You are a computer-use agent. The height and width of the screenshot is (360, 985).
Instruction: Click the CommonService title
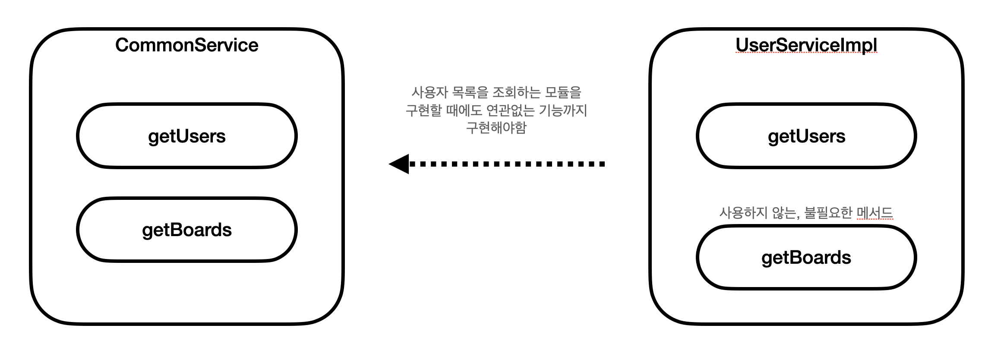[x=186, y=45]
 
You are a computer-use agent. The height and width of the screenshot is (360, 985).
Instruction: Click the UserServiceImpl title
[x=806, y=45]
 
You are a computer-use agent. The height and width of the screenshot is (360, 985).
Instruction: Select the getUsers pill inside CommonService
[x=186, y=136]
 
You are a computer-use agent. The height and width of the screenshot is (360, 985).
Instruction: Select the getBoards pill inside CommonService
[x=186, y=230]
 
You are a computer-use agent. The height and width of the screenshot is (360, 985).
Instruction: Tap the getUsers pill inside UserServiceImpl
[x=806, y=136]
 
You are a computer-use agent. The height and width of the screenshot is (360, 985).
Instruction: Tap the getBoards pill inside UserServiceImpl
[x=806, y=258]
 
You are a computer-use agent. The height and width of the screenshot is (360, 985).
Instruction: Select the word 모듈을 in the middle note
[x=563, y=92]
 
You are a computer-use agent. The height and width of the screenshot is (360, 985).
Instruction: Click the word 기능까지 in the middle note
[x=563, y=111]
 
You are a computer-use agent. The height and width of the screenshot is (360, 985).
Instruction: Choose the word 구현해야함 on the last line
[x=496, y=128]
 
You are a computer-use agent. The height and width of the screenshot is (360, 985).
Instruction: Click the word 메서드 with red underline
[x=875, y=213]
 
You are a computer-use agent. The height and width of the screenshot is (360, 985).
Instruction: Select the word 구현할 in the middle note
[x=424, y=111]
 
